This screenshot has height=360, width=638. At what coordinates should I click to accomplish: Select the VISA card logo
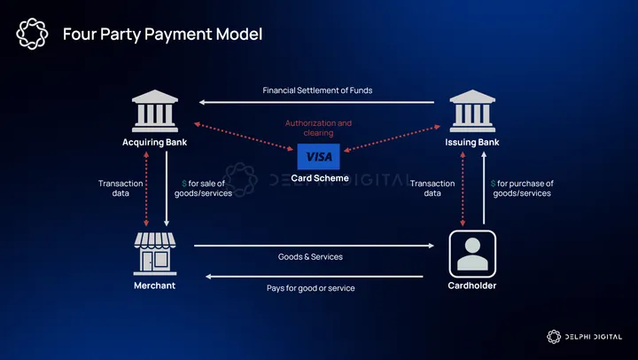tap(317, 156)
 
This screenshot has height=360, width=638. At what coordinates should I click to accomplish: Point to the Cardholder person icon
tap(471, 253)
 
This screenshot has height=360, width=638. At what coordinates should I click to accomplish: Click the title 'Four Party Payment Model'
tap(162, 35)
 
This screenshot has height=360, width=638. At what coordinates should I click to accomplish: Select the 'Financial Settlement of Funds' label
tap(317, 90)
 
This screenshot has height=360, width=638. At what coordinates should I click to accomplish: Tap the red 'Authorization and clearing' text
tap(318, 128)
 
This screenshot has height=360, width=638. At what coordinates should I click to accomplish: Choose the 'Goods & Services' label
tap(310, 256)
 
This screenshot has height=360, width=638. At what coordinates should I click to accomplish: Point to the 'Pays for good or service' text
tap(311, 288)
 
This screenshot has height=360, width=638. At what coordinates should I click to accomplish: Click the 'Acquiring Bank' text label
tap(154, 142)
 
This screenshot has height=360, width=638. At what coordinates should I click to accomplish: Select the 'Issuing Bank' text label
tap(471, 142)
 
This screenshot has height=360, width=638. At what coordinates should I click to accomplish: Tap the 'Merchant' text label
tap(154, 286)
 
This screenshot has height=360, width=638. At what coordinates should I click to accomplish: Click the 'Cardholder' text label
tap(471, 286)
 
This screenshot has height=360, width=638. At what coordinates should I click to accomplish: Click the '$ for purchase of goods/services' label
tap(522, 188)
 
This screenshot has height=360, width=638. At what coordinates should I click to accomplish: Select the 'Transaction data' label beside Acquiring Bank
tap(121, 188)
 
